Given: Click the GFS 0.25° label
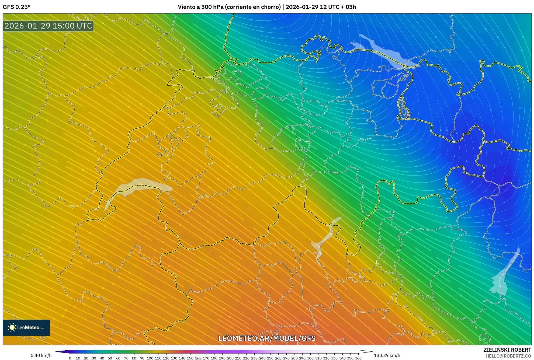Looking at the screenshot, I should [x=16, y=7].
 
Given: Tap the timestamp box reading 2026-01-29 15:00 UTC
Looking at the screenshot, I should [x=48, y=26].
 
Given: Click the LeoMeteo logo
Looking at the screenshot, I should [x=26, y=327].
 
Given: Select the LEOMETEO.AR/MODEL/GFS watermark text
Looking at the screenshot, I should [x=267, y=338].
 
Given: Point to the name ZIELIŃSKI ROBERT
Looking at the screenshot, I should [x=507, y=350].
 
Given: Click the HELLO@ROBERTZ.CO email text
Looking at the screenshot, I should [x=508, y=356].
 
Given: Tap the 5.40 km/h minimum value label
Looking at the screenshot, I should [x=41, y=355].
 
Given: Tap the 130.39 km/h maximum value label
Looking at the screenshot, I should [x=387, y=355].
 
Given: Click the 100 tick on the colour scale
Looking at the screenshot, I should [x=150, y=358].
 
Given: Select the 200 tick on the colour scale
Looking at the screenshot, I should [x=230, y=358].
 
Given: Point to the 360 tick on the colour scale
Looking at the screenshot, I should [x=358, y=358].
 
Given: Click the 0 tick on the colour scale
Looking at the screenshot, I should [x=70, y=358].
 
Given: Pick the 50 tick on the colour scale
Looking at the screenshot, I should [x=110, y=358].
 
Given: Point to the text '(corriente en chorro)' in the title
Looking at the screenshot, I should [x=253, y=7].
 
